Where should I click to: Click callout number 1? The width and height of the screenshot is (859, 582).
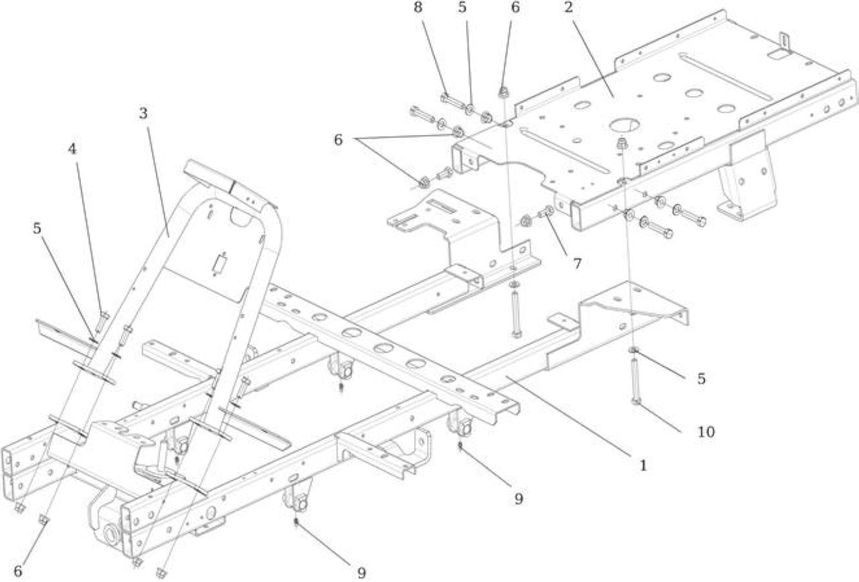pyautogui.click(x=643, y=465)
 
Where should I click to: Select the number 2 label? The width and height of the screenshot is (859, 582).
pyautogui.click(x=568, y=7)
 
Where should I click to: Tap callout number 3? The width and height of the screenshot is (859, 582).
pyautogui.click(x=143, y=113)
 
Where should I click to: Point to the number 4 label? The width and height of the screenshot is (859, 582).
pyautogui.click(x=72, y=149)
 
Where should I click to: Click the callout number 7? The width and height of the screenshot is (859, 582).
pyautogui.click(x=577, y=264)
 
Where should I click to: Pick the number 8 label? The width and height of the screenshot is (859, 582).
pyautogui.click(x=418, y=7)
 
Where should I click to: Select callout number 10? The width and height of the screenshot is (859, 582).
pyautogui.click(x=706, y=432)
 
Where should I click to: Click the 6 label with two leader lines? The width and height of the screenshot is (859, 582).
pyautogui.click(x=338, y=140)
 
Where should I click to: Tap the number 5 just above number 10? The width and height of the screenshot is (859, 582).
pyautogui.click(x=701, y=379)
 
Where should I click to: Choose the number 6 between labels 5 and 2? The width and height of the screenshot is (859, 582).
pyautogui.click(x=515, y=7)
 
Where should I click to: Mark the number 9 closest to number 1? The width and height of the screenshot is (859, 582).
pyautogui.click(x=519, y=498)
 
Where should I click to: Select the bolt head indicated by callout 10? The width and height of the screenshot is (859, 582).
pyautogui.click(x=636, y=402)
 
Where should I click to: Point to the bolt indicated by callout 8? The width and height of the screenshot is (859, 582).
pyautogui.click(x=452, y=101)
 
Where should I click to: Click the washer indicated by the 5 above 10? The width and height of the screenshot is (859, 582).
pyautogui.click(x=634, y=349)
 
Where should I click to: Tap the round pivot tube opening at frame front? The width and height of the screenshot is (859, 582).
pyautogui.click(x=111, y=534)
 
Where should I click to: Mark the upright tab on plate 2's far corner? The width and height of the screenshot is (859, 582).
pyautogui.click(x=785, y=43)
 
